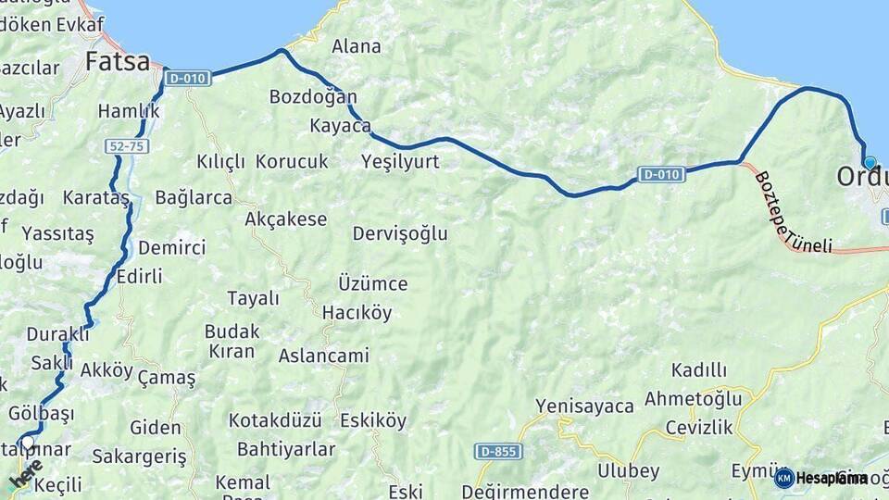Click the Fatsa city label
point(118,62)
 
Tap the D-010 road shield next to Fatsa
point(187,79)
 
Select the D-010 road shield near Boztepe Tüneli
point(660,174)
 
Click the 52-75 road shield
point(127,146)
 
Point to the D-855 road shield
point(499,452)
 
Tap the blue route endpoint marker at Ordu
point(869,163)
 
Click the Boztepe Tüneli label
point(792,213)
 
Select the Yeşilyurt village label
point(400,162)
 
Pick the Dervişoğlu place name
point(400,233)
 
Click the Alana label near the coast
point(357,46)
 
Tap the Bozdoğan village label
point(313,96)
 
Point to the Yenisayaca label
point(585,406)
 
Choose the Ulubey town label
point(630,469)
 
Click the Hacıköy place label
point(357,313)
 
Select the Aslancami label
point(324,356)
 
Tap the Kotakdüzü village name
point(275,420)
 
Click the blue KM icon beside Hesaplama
point(784,478)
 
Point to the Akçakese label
point(286,219)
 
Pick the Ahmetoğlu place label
point(694,399)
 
